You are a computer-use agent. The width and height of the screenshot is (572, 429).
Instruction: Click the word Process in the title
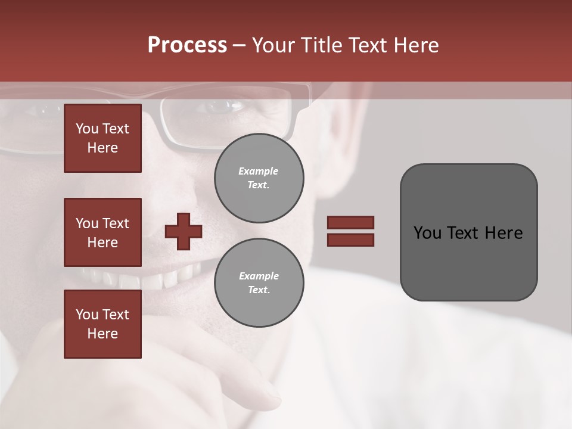pyautogui.click(x=187, y=45)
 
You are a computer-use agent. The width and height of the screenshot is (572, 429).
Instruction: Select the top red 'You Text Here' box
pyautogui.click(x=102, y=138)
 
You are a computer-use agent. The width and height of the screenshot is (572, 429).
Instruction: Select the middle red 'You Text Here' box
pyautogui.click(x=102, y=232)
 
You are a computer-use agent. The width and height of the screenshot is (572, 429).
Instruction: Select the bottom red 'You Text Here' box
pyautogui.click(x=102, y=324)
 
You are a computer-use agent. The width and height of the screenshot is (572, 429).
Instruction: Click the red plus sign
pyautogui.click(x=184, y=231)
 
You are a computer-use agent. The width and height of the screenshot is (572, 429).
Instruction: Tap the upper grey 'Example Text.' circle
pyautogui.click(x=259, y=178)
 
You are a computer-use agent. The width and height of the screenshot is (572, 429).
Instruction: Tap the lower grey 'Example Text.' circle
pyautogui.click(x=259, y=282)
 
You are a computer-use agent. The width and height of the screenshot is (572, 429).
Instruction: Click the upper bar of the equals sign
pyautogui.click(x=350, y=222)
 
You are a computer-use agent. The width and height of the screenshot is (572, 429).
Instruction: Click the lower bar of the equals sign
pyautogui.click(x=350, y=240)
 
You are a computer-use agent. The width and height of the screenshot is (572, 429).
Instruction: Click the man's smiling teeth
pyautogui.click(x=143, y=279)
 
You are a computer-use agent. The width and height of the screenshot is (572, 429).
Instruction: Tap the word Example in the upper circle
pyautogui.click(x=259, y=171)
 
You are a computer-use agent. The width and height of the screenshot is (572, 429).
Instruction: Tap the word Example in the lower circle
pyautogui.click(x=259, y=276)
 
